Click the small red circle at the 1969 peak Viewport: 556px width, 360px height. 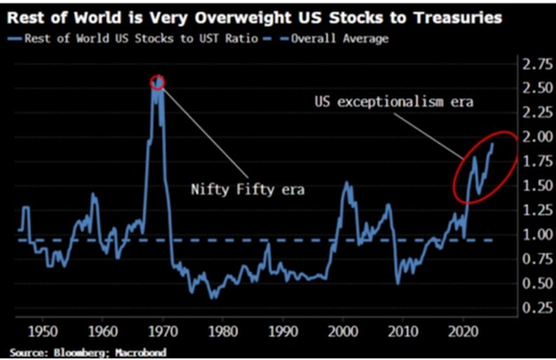pos(159,82)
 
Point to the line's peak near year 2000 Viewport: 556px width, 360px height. pos(347,184)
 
